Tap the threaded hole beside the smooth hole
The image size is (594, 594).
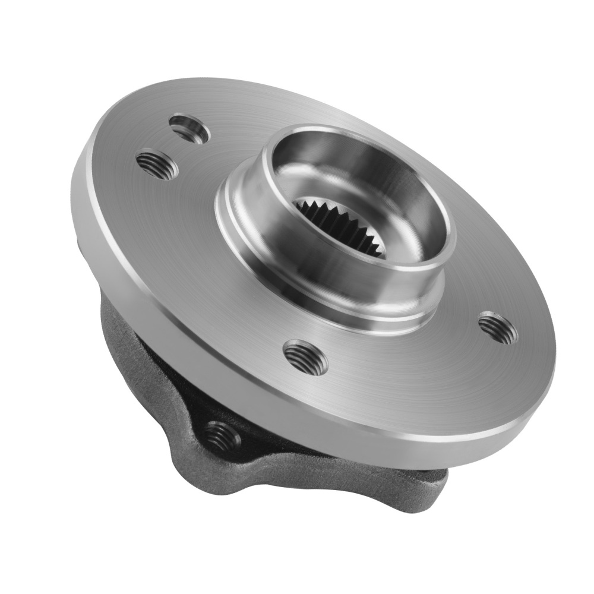[x=157, y=164]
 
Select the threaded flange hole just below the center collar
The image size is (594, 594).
[x=306, y=357]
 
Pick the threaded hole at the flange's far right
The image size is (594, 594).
[x=498, y=327]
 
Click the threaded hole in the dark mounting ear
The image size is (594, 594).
[x=222, y=436]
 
